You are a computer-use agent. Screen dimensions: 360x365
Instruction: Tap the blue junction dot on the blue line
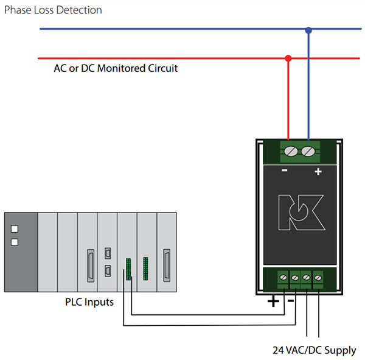click(308, 29)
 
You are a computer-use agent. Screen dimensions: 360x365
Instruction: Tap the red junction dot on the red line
click(288, 58)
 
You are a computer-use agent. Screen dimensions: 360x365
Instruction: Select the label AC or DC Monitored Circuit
click(116, 68)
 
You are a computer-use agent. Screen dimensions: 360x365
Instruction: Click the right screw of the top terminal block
click(308, 150)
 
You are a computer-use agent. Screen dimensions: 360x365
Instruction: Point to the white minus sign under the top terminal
click(285, 171)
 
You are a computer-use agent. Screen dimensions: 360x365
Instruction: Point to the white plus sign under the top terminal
click(317, 172)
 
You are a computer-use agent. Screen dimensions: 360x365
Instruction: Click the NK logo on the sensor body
click(298, 214)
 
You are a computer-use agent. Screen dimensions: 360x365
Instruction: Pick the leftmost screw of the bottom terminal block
click(283, 278)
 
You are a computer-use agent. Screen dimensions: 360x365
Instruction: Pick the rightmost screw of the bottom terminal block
click(317, 278)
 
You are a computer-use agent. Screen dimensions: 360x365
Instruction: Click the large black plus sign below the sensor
click(273, 301)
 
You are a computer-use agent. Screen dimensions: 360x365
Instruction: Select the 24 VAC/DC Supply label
click(314, 350)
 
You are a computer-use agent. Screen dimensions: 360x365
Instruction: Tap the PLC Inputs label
click(89, 302)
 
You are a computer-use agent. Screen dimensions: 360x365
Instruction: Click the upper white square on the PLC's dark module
click(15, 230)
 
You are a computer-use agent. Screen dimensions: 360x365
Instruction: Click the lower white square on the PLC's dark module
click(15, 242)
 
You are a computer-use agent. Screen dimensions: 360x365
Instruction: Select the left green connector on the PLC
click(128, 269)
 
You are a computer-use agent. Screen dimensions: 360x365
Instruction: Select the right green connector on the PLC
click(146, 269)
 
